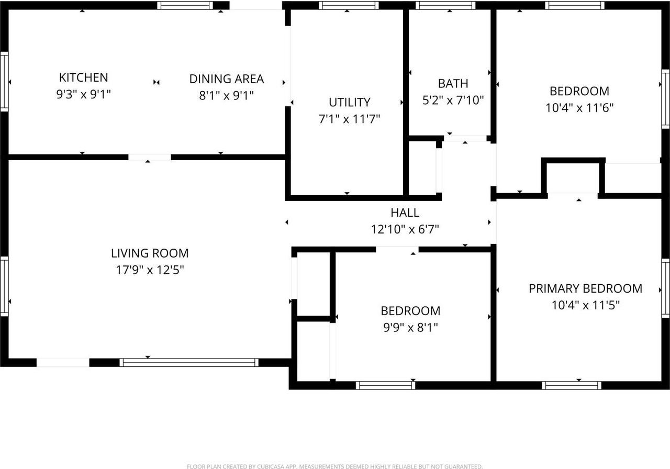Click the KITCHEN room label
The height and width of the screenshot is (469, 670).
click(x=83, y=77)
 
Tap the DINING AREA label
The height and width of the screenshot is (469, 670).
click(x=226, y=79)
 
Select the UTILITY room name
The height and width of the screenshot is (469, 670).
click(x=349, y=102)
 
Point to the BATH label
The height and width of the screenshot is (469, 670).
click(x=453, y=83)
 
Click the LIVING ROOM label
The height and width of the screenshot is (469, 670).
click(x=150, y=253)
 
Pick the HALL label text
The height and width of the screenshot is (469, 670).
click(x=405, y=213)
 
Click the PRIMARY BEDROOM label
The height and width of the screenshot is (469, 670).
click(x=585, y=288)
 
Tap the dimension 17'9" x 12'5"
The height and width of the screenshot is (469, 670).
click(x=150, y=271)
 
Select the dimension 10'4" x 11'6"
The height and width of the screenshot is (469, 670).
click(x=579, y=108)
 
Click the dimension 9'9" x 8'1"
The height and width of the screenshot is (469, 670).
click(x=410, y=328)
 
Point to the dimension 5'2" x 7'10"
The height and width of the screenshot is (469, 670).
click(x=453, y=100)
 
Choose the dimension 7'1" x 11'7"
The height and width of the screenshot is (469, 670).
click(x=349, y=119)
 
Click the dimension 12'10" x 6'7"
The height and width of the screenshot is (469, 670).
click(x=405, y=229)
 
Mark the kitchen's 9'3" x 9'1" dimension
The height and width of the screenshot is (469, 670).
click(x=83, y=95)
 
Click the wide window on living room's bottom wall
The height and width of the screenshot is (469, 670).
click(x=189, y=362)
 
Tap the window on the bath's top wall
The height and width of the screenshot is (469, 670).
click(x=445, y=6)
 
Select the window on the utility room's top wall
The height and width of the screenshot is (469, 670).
click(x=349, y=6)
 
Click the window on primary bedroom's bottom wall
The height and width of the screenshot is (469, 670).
click(x=572, y=385)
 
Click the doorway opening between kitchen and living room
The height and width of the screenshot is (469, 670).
click(x=150, y=157)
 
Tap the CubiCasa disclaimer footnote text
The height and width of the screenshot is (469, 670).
click(x=334, y=466)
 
